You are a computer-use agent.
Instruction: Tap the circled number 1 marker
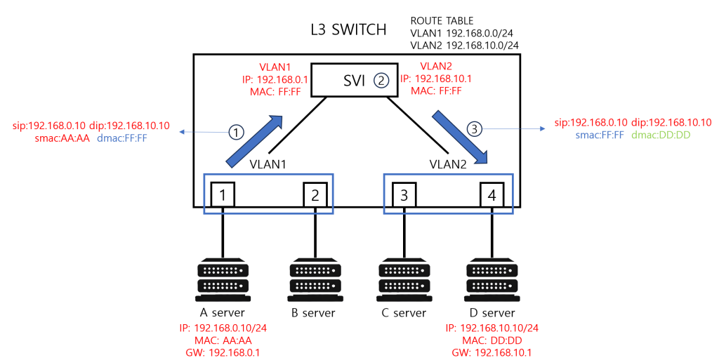point(237,131)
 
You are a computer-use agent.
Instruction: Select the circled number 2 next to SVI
point(381,81)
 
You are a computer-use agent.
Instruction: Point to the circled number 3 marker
point(475,129)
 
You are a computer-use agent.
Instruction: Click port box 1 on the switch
point(222,194)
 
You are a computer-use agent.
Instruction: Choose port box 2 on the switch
point(315,194)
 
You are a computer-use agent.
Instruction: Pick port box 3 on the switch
point(404,194)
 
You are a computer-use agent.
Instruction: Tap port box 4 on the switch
point(492,194)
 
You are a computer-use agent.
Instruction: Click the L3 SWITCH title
point(348,29)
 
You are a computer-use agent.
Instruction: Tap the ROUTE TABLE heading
point(442,20)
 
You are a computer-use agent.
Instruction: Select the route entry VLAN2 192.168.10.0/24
point(464,45)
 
